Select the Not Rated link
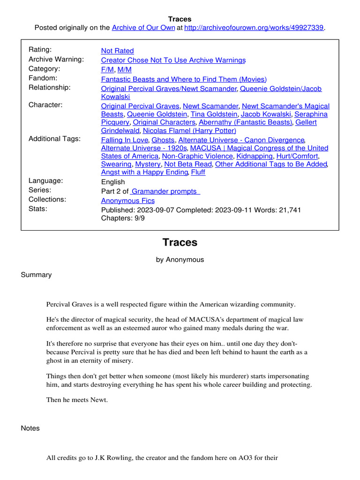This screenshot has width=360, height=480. point(117,51)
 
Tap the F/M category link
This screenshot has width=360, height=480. point(107,69)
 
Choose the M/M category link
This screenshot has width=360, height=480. point(125,69)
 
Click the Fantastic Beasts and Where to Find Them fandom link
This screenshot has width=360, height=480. point(184,79)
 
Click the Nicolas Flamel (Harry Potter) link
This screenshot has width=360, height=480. point(189,130)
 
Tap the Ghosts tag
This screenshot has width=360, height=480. point(163,140)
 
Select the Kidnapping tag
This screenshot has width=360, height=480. point(254,156)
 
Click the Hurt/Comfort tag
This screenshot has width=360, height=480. point(297,156)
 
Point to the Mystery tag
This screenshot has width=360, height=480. point(148,164)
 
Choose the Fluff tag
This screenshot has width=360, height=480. point(198,172)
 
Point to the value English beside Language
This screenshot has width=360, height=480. point(113,182)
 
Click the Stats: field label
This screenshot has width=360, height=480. point(38,209)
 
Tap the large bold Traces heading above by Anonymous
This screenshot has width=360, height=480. point(180,242)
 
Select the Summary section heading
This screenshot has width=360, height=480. point(36,275)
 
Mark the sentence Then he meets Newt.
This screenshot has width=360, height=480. point(77,400)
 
